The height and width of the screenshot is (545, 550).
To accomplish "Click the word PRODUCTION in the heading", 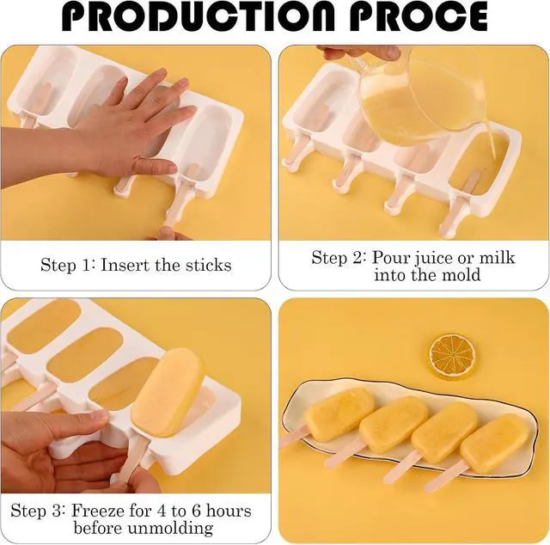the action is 199,16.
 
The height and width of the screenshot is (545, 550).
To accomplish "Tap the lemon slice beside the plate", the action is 453,356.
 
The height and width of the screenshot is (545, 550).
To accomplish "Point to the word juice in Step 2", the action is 433,258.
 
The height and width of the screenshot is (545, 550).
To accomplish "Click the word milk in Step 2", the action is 497,257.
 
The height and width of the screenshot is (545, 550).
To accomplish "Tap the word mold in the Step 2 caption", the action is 461,274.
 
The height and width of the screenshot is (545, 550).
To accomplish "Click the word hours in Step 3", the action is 229,511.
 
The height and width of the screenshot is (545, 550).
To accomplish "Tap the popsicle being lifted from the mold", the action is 168,392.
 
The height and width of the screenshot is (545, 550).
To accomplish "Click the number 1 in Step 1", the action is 86,265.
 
